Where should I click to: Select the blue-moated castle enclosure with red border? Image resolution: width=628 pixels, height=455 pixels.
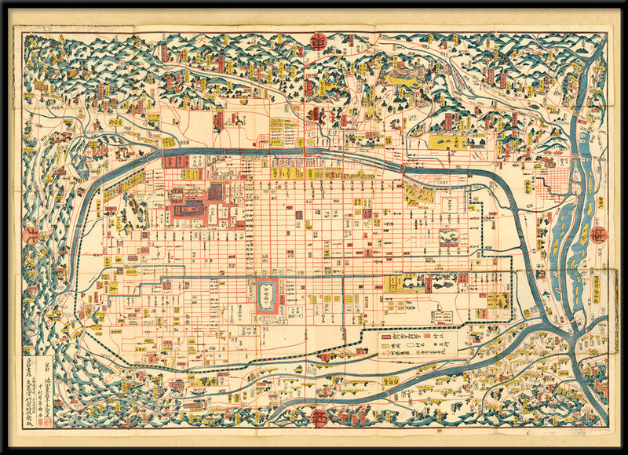click(266, 296)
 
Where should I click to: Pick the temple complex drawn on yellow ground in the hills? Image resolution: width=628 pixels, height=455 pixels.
click(400, 76)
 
